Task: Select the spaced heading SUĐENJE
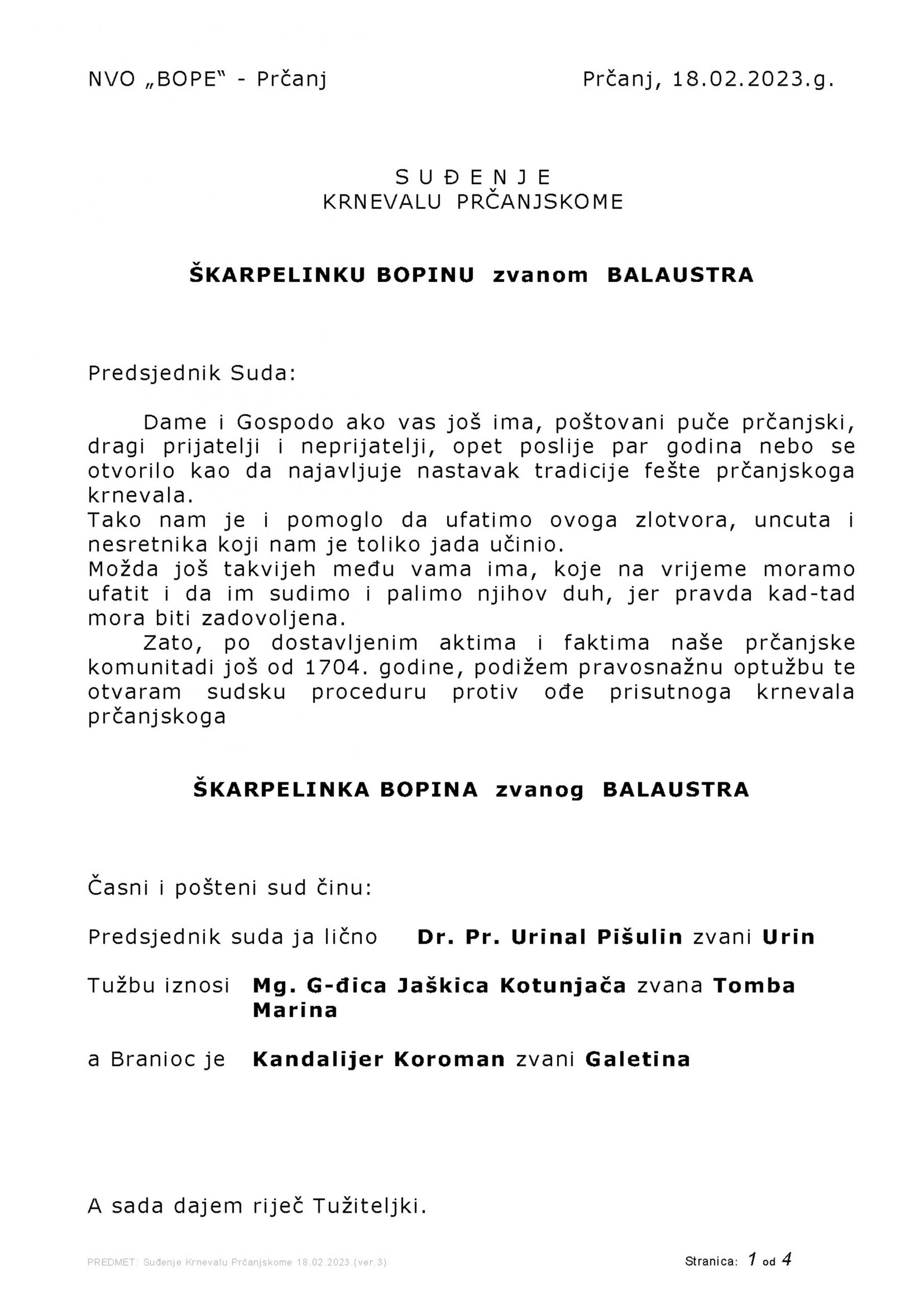tap(473, 178)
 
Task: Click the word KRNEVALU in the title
tap(382, 202)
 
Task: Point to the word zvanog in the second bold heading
tap(539, 790)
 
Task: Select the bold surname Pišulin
tap(640, 937)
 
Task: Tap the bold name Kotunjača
tap(563, 986)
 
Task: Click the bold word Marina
tap(295, 1010)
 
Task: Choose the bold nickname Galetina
tap(637, 1059)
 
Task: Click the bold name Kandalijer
tap(317, 1059)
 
